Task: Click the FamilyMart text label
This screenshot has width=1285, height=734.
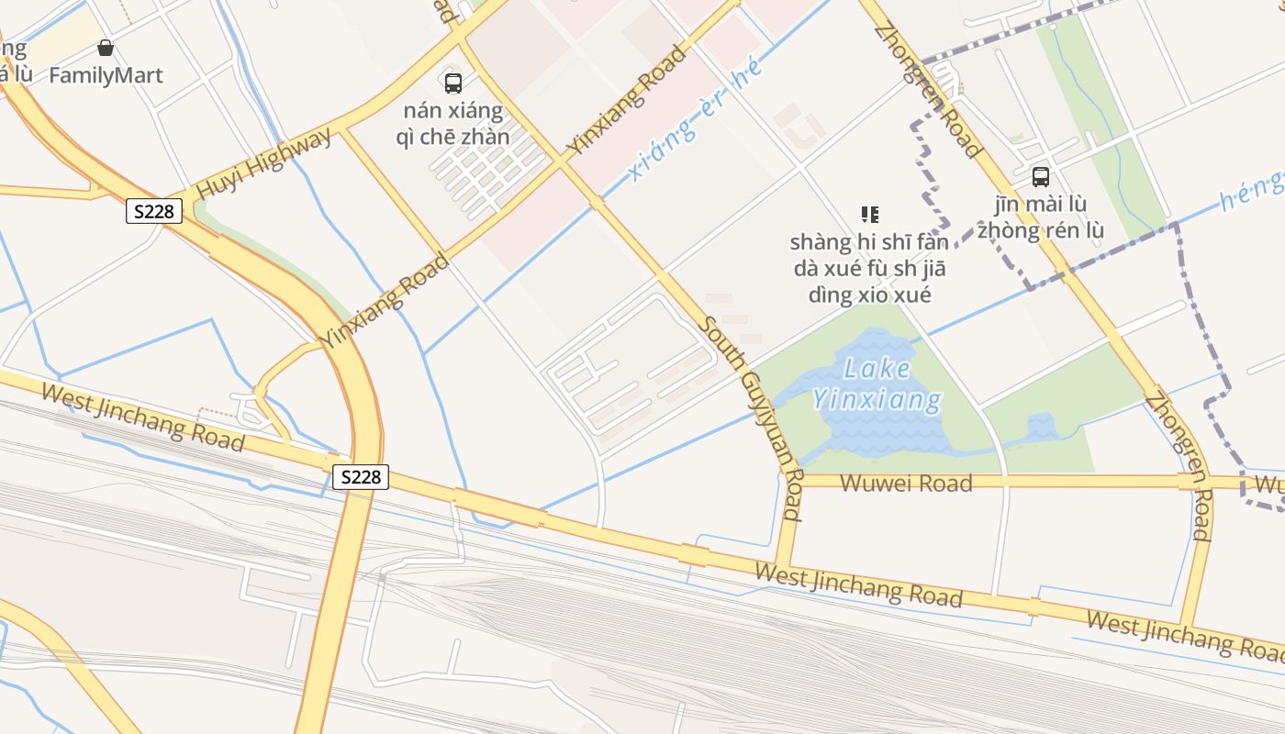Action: (106, 75)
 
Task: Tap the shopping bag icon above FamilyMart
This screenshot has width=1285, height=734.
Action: (106, 48)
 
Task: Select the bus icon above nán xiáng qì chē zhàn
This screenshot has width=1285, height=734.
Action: (453, 83)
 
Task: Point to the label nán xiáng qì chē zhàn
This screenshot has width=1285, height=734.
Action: (453, 124)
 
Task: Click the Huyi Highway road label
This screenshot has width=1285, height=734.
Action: (264, 163)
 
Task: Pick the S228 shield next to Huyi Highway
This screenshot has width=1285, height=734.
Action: (154, 212)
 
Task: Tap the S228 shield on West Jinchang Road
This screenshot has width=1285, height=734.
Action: (361, 477)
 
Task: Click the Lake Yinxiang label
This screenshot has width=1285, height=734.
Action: (877, 384)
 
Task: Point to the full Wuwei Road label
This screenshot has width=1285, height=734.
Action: (905, 483)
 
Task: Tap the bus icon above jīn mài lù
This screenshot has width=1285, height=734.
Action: (1040, 177)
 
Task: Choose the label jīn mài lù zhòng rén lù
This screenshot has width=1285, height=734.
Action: (1040, 217)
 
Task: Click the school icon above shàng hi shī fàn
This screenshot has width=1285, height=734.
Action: (870, 215)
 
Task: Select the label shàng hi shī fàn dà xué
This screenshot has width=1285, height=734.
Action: (869, 269)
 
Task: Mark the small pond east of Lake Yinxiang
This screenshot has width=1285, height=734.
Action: (1041, 428)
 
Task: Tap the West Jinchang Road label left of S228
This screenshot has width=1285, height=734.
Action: (143, 417)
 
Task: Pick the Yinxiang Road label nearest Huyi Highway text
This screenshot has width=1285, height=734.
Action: (385, 300)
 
